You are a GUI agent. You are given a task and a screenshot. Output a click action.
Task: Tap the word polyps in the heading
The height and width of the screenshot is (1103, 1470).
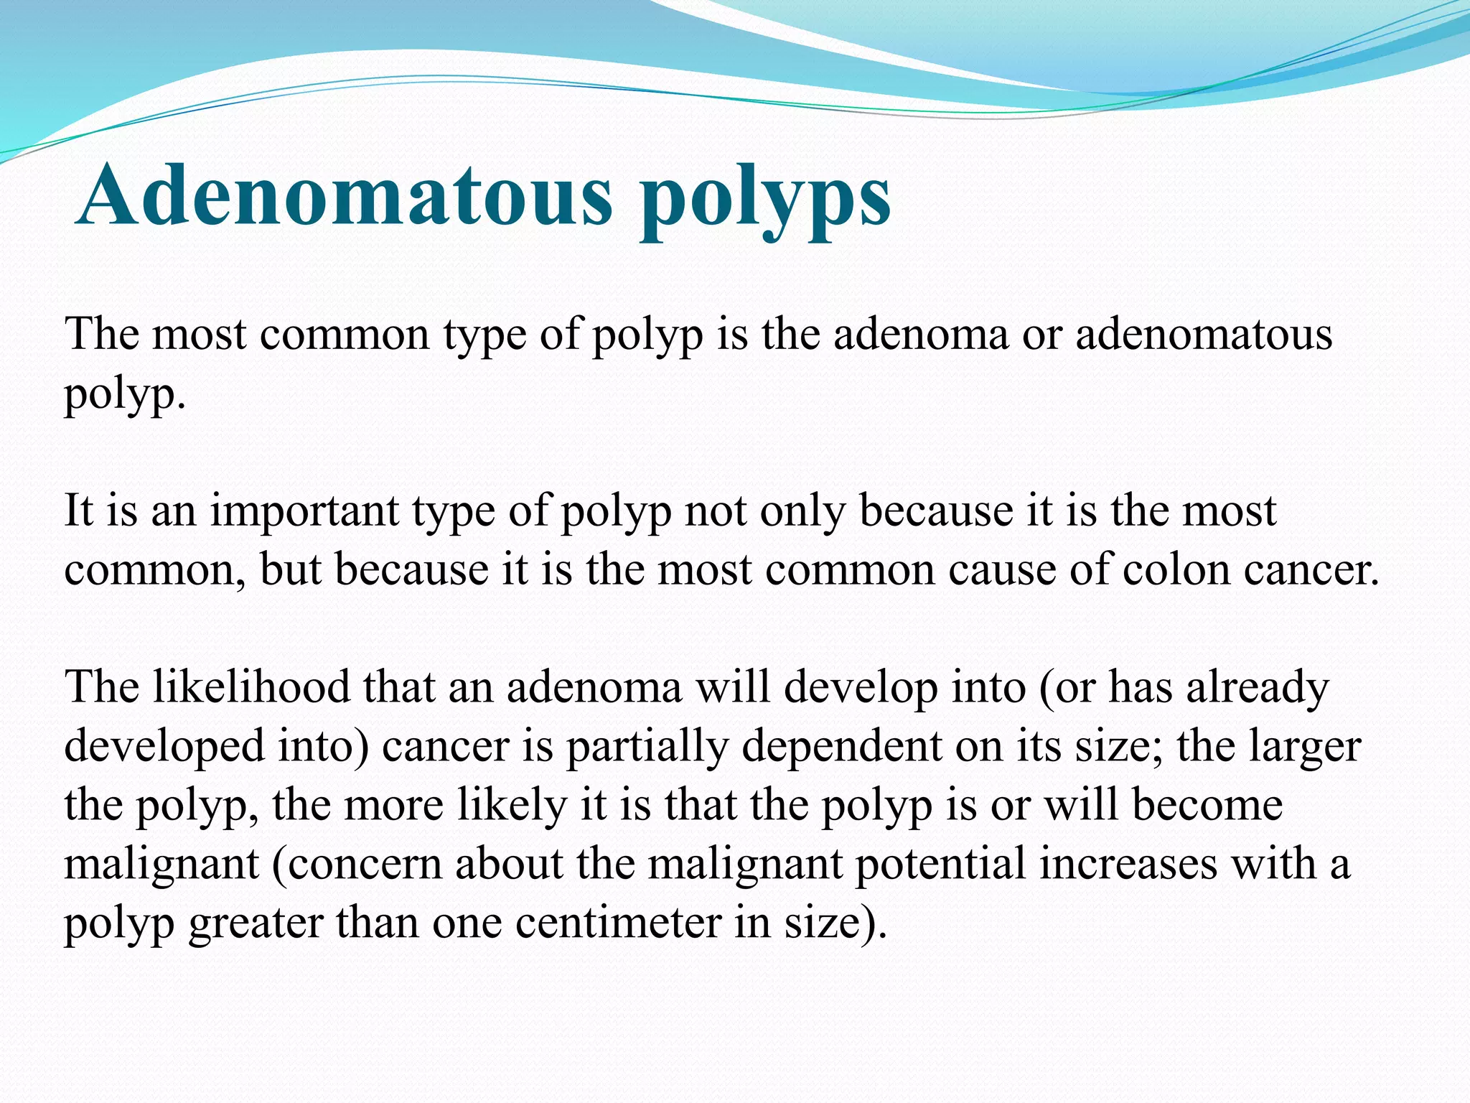pyautogui.click(x=766, y=197)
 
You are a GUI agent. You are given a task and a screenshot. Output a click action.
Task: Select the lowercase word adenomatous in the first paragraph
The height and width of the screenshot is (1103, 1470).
pyautogui.click(x=1204, y=335)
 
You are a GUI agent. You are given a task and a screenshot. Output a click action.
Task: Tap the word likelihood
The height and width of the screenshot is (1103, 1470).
pyautogui.click(x=251, y=687)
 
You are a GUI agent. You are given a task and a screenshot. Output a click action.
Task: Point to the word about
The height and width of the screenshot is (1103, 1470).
pyautogui.click(x=509, y=864)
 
